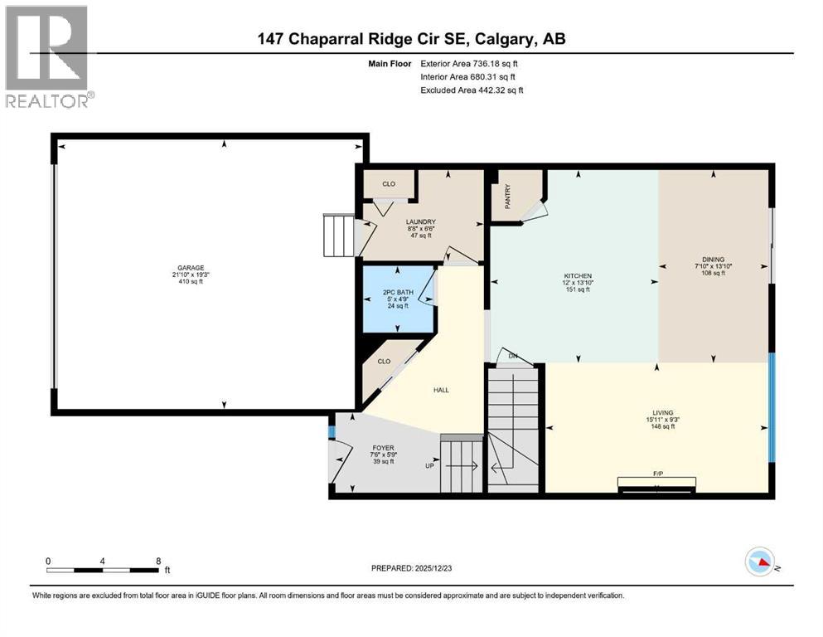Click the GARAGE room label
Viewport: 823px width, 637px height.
point(189,267)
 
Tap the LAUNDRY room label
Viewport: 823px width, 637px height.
point(421,221)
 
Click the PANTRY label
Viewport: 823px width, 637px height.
point(508,197)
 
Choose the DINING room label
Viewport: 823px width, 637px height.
point(713,258)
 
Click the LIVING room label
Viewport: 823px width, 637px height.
point(663,412)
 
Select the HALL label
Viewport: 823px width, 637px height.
point(440,389)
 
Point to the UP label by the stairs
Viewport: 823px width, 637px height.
point(429,466)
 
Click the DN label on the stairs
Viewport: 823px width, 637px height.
point(513,357)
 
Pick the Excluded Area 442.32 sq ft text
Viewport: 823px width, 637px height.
point(472,90)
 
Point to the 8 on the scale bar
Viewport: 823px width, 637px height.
point(158,561)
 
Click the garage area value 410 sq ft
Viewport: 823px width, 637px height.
point(189,282)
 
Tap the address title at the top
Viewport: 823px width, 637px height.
point(411,38)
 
